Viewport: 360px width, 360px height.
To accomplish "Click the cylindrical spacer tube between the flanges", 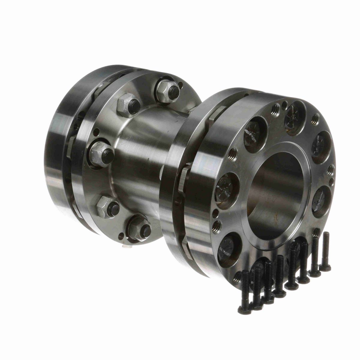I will click(144, 156).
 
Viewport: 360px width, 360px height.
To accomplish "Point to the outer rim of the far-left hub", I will click(55, 150).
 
